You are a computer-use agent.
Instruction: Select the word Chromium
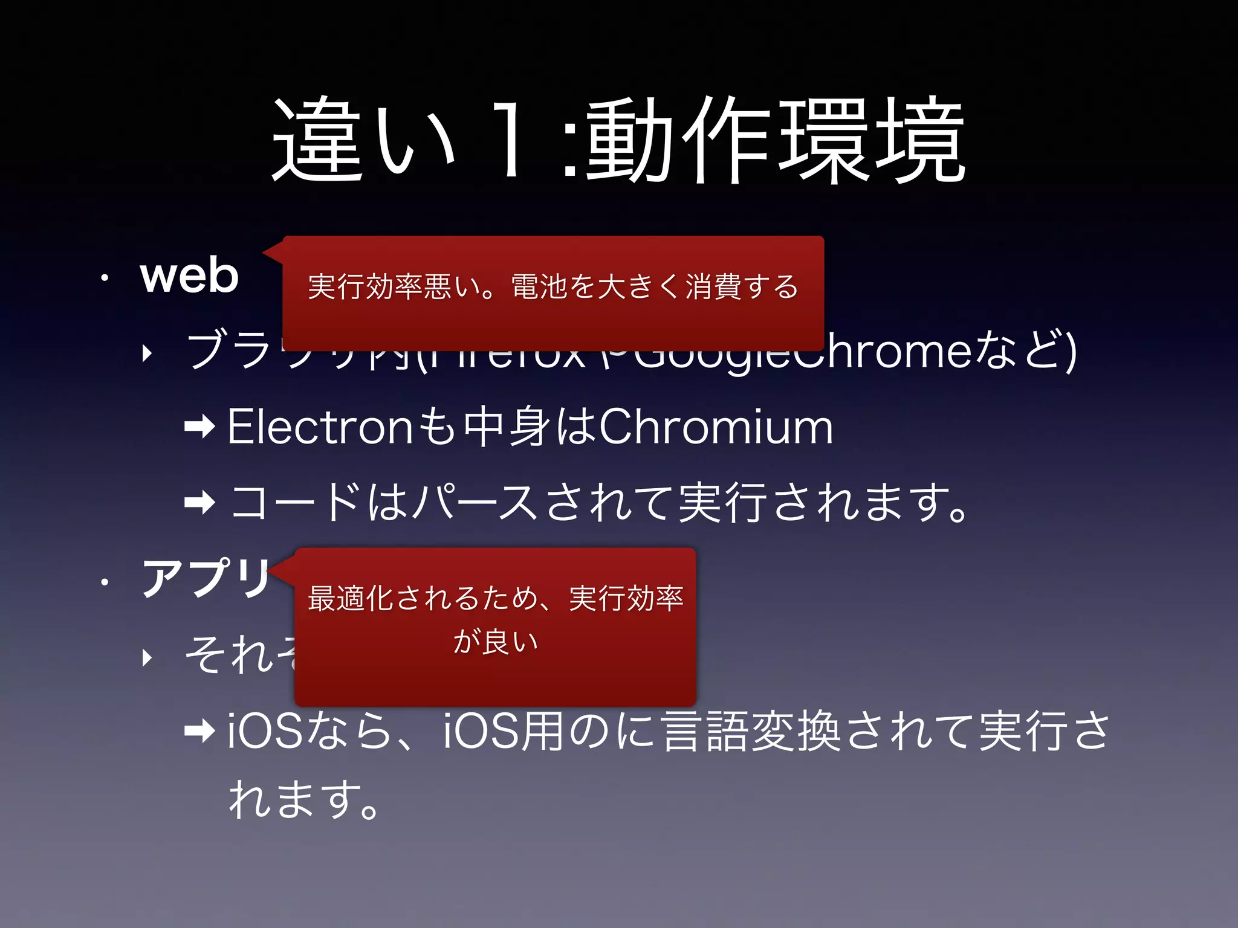pos(716,427)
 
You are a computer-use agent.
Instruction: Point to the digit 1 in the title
pos(510,140)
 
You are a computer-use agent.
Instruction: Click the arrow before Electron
pos(199,428)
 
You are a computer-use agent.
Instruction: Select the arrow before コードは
pos(199,503)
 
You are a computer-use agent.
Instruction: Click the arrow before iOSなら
pos(199,732)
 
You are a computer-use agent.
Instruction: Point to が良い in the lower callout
pos(496,641)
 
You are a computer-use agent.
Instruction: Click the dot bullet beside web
pos(105,279)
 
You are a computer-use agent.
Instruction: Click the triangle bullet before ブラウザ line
pos(147,353)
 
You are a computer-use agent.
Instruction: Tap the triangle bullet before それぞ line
pos(147,657)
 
